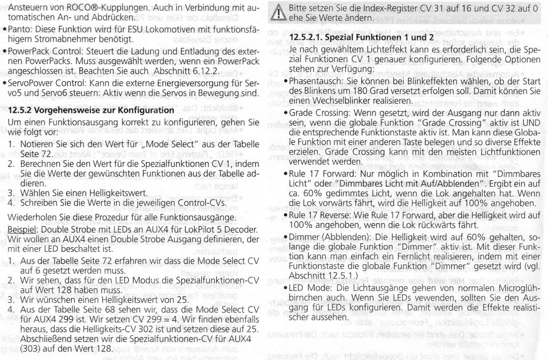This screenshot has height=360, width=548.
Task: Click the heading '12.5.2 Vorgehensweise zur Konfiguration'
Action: tap(92, 111)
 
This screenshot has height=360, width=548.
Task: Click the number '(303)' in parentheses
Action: tap(19, 347)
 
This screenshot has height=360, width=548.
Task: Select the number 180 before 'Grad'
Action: tap(357, 91)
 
